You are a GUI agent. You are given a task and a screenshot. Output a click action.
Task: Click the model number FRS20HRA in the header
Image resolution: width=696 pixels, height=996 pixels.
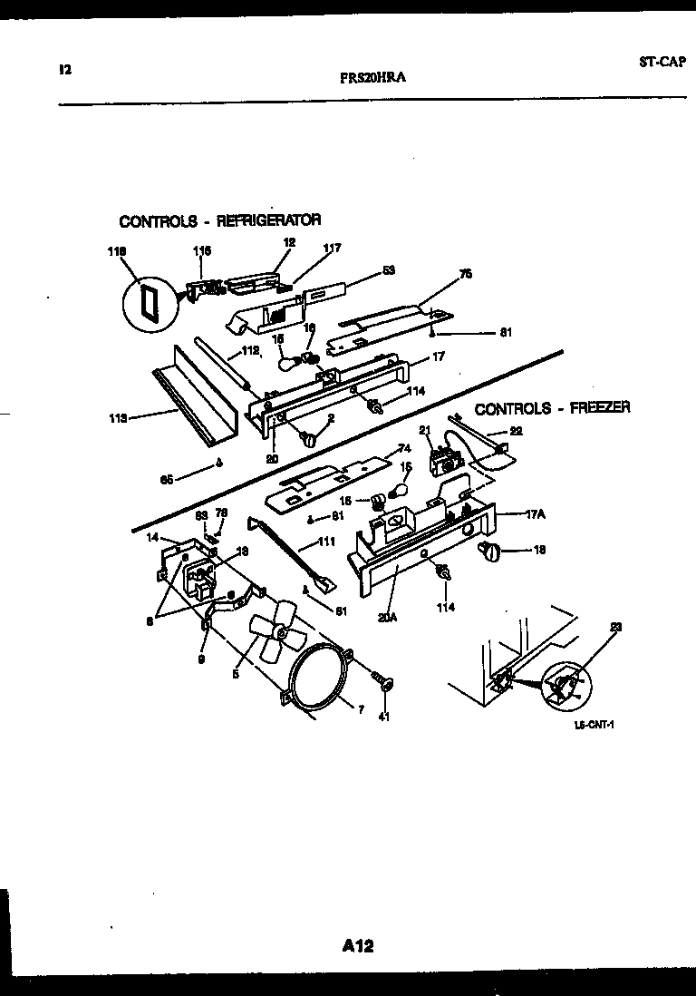[372, 78]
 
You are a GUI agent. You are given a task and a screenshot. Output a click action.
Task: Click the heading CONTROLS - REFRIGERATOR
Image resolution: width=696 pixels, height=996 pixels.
[220, 220]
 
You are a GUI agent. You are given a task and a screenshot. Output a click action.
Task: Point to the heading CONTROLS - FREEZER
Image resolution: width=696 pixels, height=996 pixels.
[552, 408]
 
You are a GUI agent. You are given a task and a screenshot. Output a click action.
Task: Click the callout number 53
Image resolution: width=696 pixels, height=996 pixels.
[389, 269]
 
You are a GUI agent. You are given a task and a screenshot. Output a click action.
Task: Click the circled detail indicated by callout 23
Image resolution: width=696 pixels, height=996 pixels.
[565, 685]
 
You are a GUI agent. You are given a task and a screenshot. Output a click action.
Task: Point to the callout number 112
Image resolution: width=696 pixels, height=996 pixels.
[250, 351]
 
